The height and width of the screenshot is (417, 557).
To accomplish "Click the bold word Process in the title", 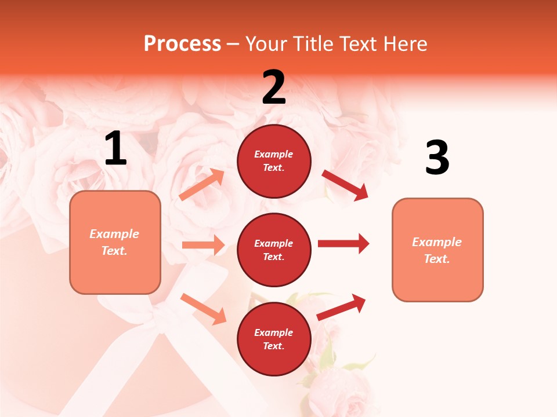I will tap(182, 43).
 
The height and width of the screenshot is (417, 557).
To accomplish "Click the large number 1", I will tap(115, 149).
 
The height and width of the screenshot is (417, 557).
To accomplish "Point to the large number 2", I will tap(274, 87).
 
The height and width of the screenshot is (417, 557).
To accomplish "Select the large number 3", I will tap(437, 158).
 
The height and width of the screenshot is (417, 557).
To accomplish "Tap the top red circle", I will tap(274, 161).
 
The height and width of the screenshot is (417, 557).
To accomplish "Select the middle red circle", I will tap(274, 250).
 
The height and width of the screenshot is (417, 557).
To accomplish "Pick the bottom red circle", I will tap(274, 339).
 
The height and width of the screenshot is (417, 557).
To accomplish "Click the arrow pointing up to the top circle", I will tap(202, 185).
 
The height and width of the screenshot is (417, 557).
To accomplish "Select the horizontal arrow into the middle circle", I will tap(203, 245).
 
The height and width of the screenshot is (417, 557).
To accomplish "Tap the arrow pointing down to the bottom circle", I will tap(203, 309).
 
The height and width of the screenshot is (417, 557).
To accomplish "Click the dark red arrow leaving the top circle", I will tap(345, 185).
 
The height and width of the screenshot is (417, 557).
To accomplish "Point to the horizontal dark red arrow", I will tap(343, 243).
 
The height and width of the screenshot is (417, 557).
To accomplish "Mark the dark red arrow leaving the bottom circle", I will tap(341, 307).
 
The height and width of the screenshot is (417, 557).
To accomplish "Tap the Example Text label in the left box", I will tap(114, 242).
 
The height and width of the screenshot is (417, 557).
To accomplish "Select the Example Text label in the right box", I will tap(437, 250).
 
